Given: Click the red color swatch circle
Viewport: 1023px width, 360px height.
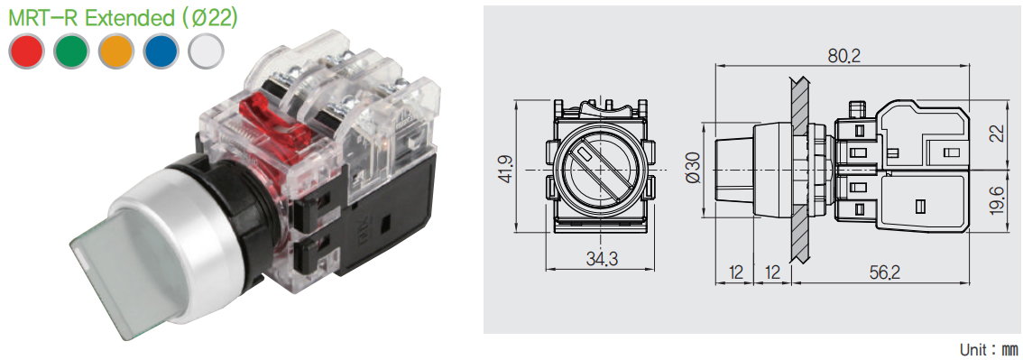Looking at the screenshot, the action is tap(27, 51).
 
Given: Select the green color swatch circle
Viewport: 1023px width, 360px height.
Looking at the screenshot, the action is tap(72, 51).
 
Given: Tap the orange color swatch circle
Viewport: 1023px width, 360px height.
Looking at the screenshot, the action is tap(116, 51).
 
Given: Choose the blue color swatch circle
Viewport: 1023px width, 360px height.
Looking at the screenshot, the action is tap(161, 51).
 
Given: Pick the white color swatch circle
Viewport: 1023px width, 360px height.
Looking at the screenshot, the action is tap(206, 51).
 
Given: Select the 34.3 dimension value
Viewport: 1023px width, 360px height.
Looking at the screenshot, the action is tap(602, 259).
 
